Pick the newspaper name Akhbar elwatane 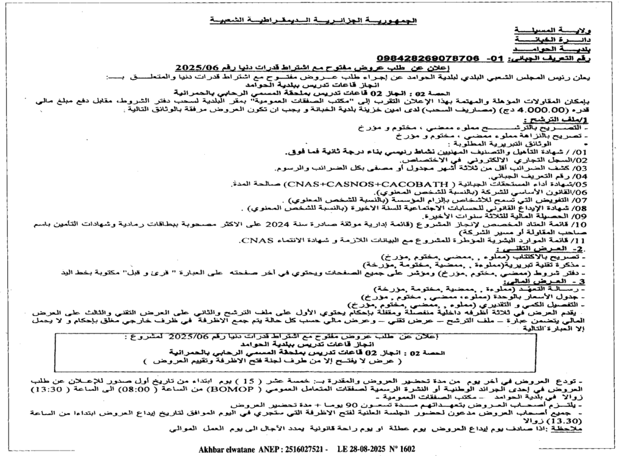point(229,449)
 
